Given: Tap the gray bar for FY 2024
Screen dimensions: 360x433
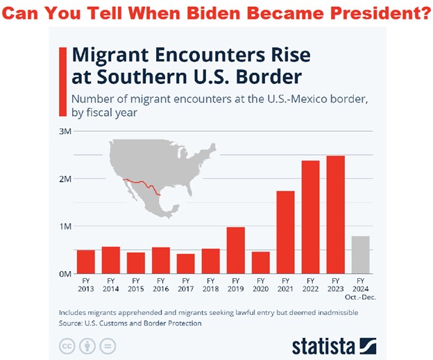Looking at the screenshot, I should pos(360,255).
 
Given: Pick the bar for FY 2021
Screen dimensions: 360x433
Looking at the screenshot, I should pos(285,232).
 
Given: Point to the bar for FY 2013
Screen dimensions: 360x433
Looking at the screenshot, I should pos(85,262).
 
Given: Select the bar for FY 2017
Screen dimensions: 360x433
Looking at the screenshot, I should pos(185,264).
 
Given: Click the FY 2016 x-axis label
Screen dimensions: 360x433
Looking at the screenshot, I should pos(160,284).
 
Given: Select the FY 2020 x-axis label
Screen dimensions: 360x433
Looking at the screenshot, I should pos(260,284).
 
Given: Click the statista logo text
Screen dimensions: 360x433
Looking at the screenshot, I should pos(324,345).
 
